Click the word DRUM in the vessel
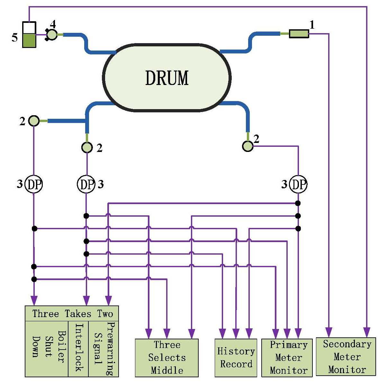(167, 78)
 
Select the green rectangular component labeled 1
(299, 33)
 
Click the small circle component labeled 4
(52, 34)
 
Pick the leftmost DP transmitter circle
(34, 184)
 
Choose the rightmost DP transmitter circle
(298, 184)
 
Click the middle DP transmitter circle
(86, 184)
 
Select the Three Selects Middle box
(166, 358)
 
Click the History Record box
(236, 358)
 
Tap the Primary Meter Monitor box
(287, 358)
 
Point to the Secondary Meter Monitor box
(346, 357)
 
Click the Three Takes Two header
(72, 314)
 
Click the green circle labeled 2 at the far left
(34, 121)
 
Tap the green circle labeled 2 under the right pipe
(248, 146)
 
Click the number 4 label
(53, 24)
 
